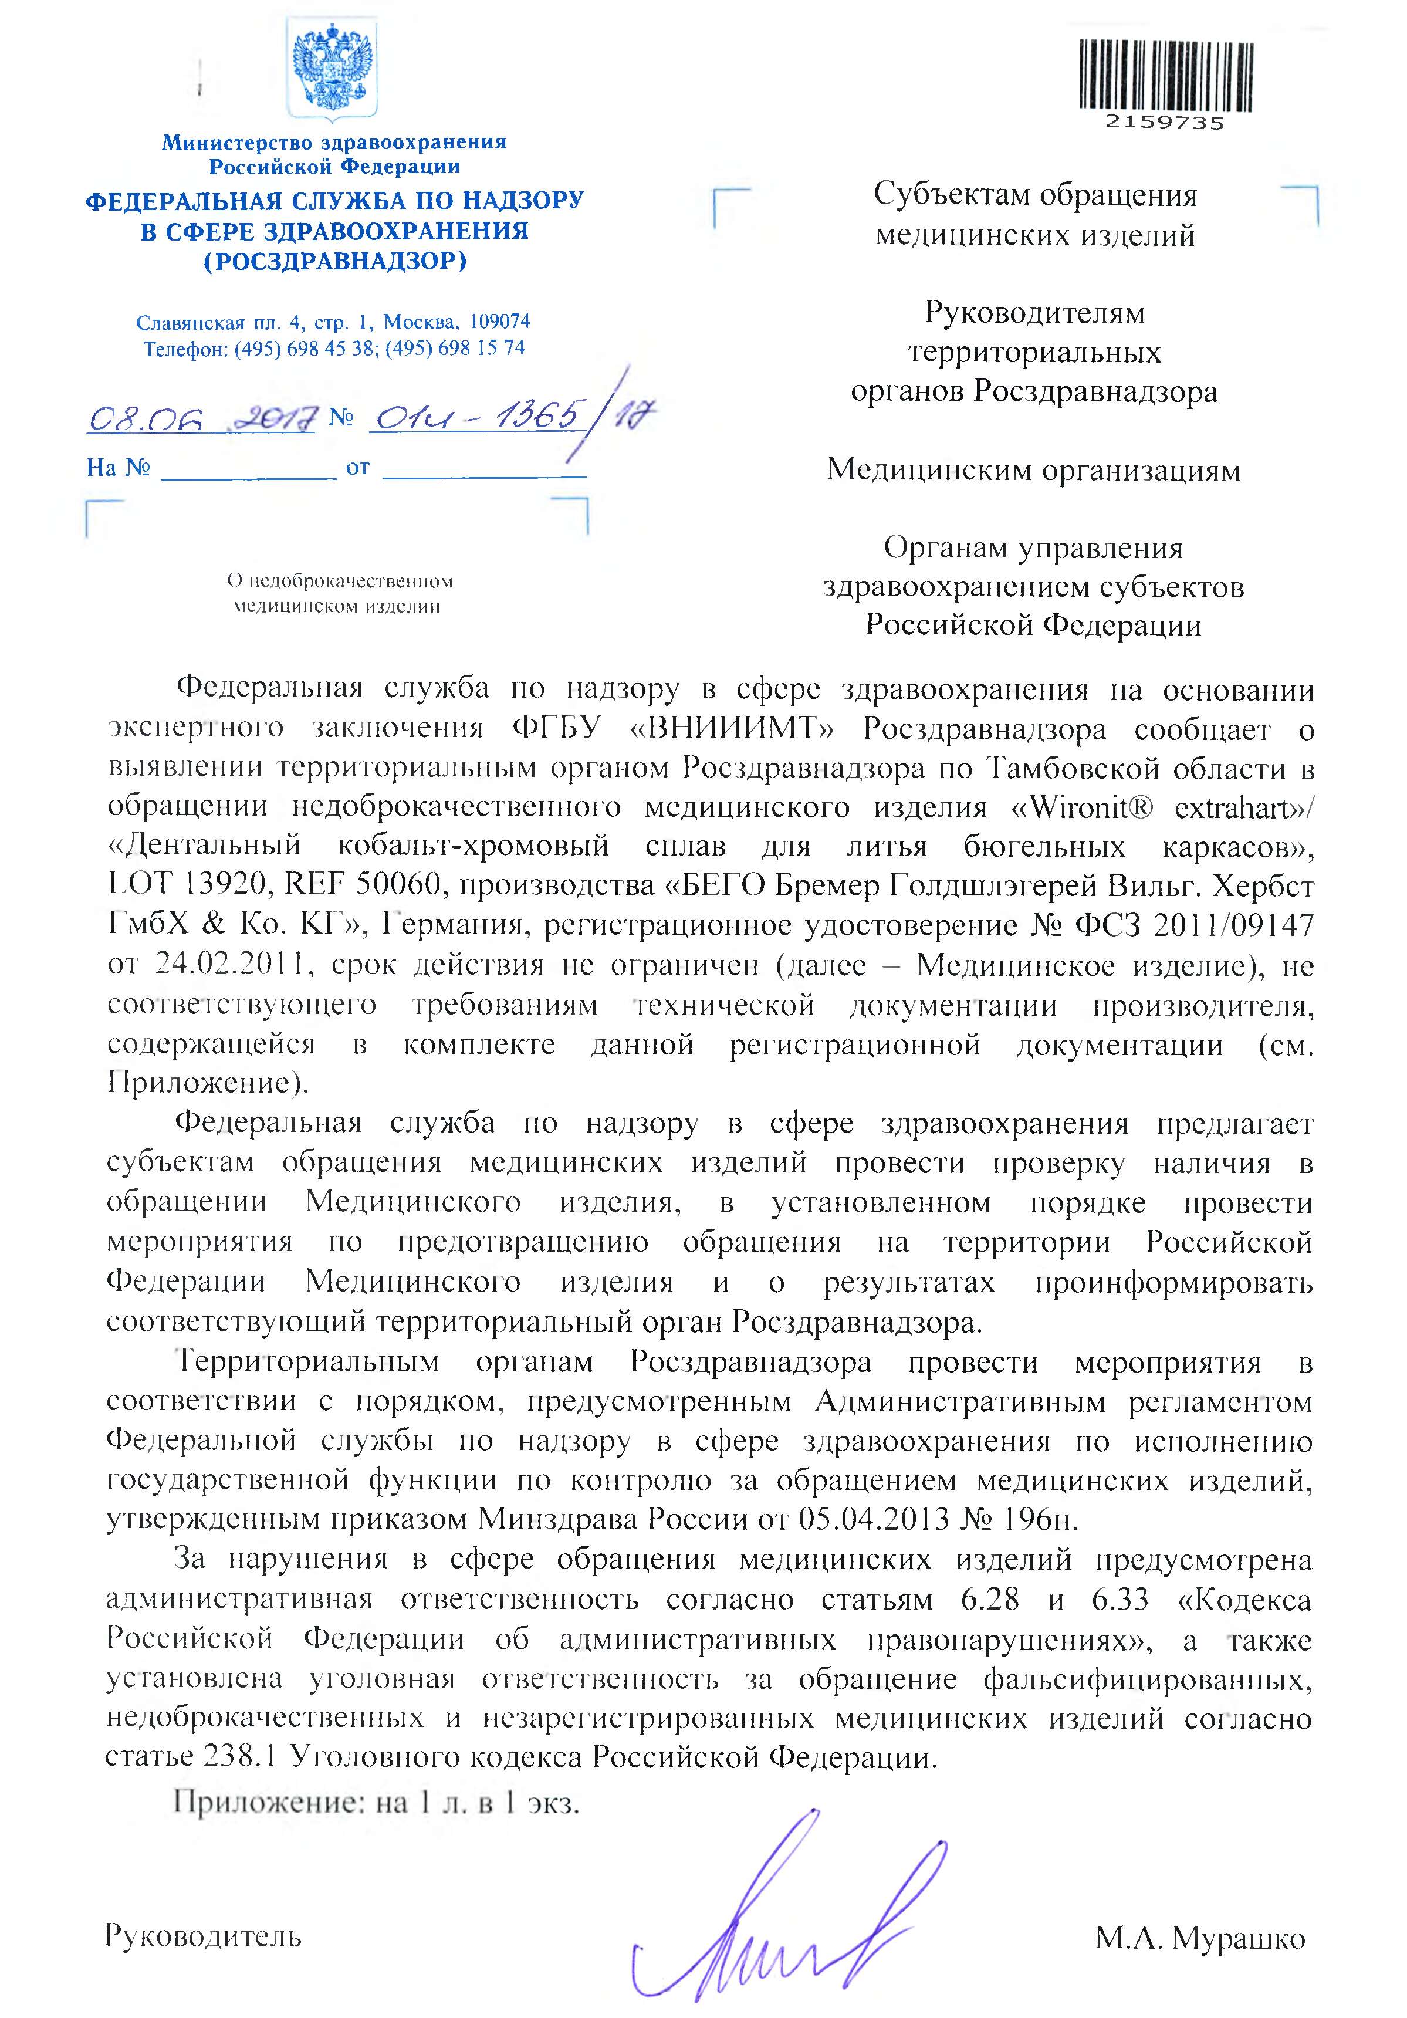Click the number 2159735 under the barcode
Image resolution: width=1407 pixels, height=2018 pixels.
[x=1165, y=123]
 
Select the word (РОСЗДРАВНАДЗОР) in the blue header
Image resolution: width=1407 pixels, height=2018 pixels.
[x=335, y=261]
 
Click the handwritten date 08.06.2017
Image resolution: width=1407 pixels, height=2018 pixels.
[x=201, y=419]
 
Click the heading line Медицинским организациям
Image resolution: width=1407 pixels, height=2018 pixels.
[x=1033, y=470]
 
